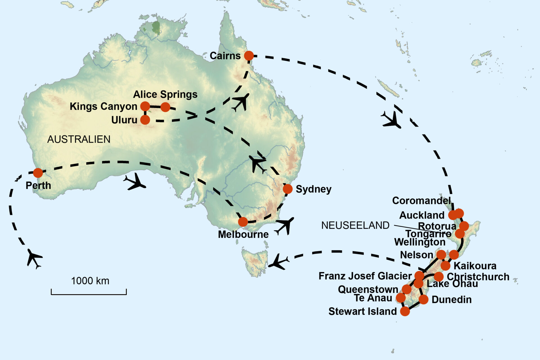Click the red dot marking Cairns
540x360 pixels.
click(249, 56)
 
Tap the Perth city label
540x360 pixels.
click(38, 186)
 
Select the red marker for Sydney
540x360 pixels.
click(287, 189)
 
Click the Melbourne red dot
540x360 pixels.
click(243, 222)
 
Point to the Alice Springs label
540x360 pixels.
click(165, 94)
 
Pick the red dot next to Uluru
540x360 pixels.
click(145, 120)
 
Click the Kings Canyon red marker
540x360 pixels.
click(145, 106)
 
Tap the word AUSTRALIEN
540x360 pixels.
click(79, 139)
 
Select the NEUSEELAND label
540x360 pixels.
click(355, 226)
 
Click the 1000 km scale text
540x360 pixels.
click(90, 281)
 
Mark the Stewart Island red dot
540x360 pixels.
click(405, 311)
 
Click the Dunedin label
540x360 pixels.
click(451, 300)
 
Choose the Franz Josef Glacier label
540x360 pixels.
click(365, 276)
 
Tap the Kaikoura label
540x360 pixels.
click(475, 266)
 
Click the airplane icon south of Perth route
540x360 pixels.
click(34, 258)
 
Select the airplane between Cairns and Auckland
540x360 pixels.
click(391, 120)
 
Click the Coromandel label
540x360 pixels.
click(421, 201)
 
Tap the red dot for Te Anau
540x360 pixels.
click(401, 298)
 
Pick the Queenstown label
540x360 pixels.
click(368, 289)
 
